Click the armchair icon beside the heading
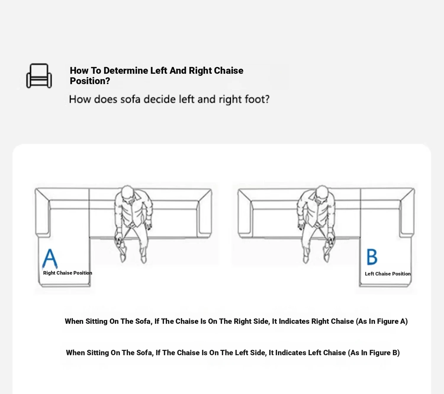tap(39, 76)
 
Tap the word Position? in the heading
tap(90, 81)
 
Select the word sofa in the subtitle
tap(131, 99)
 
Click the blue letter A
tap(50, 259)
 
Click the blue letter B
tap(372, 257)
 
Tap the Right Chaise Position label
tap(67, 273)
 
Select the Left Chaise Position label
tap(387, 274)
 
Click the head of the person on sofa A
tap(127, 192)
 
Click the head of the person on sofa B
tap(322, 192)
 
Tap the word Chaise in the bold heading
tap(229, 71)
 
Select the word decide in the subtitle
tap(160, 99)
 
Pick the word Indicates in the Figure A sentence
tap(294, 321)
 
